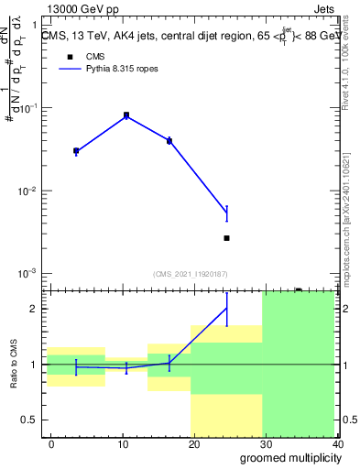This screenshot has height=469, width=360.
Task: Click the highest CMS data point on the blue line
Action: pos(126,115)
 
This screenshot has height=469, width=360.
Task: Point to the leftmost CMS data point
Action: pos(76,150)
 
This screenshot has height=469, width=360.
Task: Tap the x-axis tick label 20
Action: pos(194,443)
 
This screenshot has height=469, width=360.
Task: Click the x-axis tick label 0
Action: pos(51,443)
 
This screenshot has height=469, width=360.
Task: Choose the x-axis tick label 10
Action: pos(123,443)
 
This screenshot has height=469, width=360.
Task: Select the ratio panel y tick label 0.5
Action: pos(31,420)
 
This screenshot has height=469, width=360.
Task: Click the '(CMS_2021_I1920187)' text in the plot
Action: pos(191,274)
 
